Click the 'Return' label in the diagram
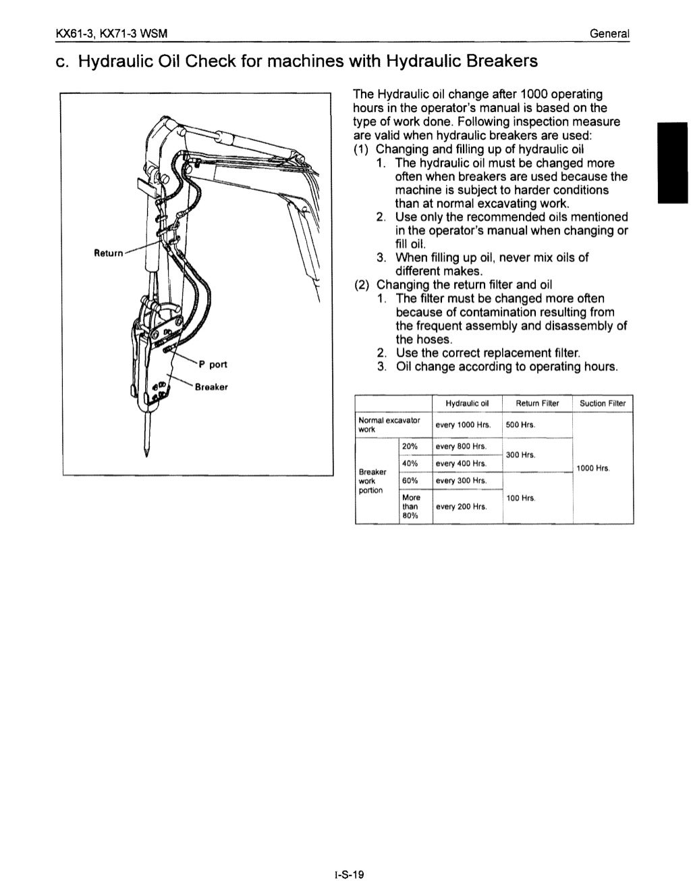(x=108, y=253)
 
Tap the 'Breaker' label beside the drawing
(x=211, y=387)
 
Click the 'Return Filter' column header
(x=537, y=403)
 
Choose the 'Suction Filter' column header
(x=603, y=403)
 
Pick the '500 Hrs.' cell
(x=520, y=425)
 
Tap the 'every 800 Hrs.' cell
(x=461, y=446)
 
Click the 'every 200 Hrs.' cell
(x=461, y=507)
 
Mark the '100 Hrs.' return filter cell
(x=520, y=498)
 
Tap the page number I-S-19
(x=348, y=875)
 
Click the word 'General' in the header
(x=609, y=33)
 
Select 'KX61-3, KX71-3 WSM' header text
(x=112, y=33)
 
